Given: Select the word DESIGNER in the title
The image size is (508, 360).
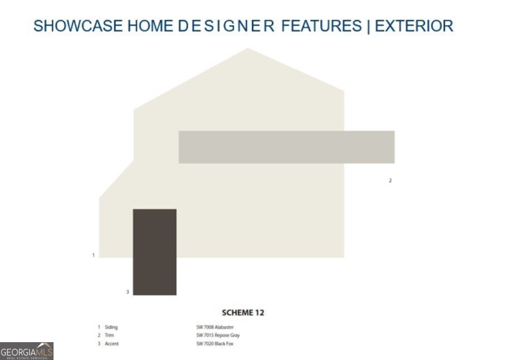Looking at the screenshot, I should point(227,26).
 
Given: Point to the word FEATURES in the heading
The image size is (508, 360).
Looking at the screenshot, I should point(321,26).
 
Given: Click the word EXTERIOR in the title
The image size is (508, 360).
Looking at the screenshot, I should point(414,26).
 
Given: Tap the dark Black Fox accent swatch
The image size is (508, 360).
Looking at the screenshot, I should point(154,252).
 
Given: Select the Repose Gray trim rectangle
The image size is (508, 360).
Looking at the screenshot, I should point(286,147).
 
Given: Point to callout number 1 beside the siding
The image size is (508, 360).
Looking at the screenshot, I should point(93,255).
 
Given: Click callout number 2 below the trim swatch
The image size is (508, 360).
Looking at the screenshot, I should point(390,181).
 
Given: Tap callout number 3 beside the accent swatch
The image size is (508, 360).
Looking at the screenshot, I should point(127,292).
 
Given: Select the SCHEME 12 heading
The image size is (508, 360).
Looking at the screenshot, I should point(243,313).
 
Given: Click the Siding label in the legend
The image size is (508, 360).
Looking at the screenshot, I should point(111,327).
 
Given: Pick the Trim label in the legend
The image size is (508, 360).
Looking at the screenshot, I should point(109,335).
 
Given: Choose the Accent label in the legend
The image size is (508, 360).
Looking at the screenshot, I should point(112,344).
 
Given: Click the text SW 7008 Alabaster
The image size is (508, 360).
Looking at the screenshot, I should point(215,327).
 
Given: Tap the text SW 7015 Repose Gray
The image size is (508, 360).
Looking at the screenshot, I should point(217,335).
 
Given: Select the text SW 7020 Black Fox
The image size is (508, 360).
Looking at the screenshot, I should point(215,344).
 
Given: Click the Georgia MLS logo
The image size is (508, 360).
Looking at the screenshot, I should point(27,352).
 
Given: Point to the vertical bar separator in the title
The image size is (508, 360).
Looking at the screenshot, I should point(367,26).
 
